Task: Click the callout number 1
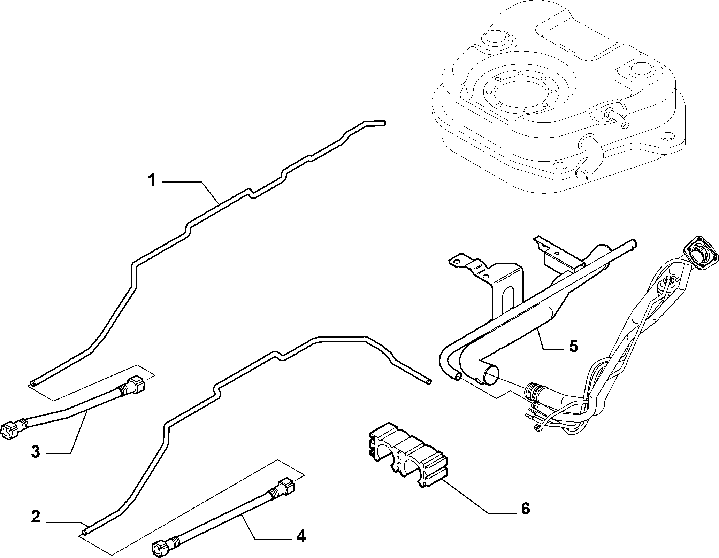(x=152, y=181)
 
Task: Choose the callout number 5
(x=573, y=346)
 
